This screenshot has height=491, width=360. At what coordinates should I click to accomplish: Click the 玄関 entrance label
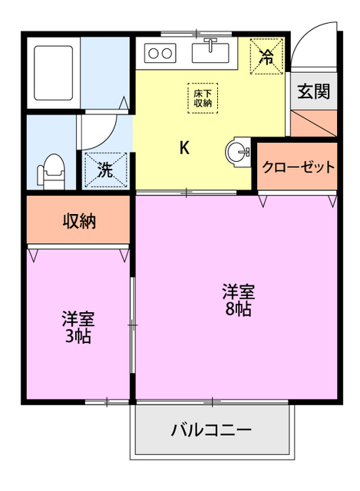314,91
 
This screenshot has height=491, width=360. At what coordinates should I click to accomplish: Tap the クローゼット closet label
299,167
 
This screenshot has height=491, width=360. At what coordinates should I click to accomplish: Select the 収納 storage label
78,222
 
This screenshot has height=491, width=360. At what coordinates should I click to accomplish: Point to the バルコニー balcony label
211,430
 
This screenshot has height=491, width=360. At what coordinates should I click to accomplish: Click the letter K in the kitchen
184,148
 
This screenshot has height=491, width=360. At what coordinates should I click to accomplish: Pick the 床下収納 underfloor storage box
203,97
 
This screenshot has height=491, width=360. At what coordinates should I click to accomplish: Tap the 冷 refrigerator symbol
267,55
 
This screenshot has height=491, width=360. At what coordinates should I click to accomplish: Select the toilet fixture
52,170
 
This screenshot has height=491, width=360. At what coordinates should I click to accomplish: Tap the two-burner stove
160,54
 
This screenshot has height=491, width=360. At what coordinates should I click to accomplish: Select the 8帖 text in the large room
238,309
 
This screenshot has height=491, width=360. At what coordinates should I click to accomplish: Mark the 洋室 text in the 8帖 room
238,292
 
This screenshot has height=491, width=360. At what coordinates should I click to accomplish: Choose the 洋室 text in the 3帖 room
78,318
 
